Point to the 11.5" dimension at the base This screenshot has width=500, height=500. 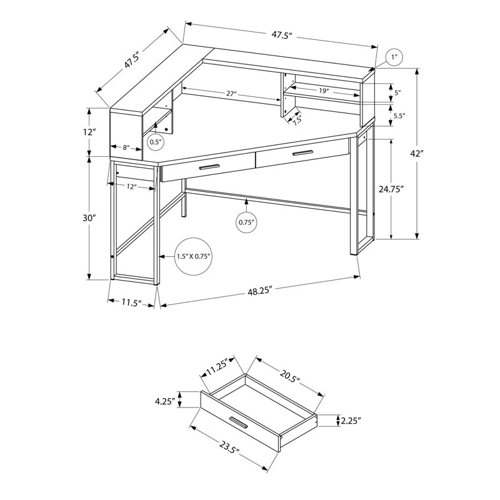pyautogui.click(x=129, y=302)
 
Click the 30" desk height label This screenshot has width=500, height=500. pyautogui.click(x=89, y=218)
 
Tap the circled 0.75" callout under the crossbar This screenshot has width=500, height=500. pyautogui.click(x=247, y=222)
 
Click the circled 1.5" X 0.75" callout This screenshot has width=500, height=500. pyautogui.click(x=193, y=256)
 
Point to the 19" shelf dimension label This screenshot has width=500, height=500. pyautogui.click(x=323, y=91)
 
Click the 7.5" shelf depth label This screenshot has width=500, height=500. pyautogui.click(x=296, y=119)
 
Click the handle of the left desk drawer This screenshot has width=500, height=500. pyautogui.click(x=209, y=167)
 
